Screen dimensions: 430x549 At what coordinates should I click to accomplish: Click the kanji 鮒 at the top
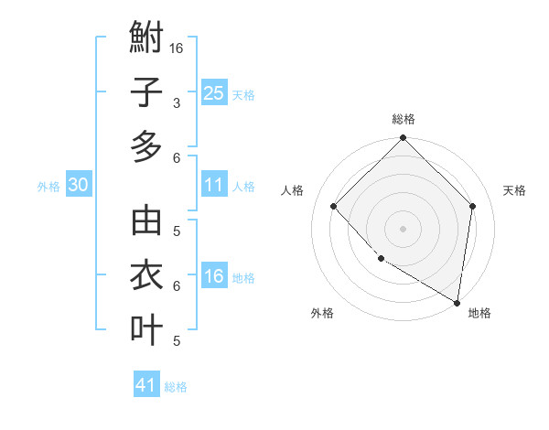click(146, 39)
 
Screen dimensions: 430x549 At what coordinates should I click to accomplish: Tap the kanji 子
click(146, 92)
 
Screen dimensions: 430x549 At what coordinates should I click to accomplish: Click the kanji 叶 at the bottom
click(146, 328)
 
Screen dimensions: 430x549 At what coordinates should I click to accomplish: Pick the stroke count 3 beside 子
click(176, 102)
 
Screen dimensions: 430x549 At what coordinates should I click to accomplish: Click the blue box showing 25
click(213, 93)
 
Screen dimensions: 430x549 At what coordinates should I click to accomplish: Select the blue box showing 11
click(213, 185)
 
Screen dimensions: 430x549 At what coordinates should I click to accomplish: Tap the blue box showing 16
click(213, 276)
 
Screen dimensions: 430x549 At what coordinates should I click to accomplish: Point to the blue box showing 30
click(79, 185)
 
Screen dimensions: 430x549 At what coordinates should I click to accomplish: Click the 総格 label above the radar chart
click(403, 119)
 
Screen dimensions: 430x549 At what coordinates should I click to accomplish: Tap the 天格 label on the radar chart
click(514, 190)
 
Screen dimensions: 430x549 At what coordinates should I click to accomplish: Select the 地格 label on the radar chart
click(479, 313)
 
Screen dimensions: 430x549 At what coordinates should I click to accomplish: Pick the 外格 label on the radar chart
click(322, 313)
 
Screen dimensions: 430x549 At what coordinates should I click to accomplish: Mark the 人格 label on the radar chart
click(292, 190)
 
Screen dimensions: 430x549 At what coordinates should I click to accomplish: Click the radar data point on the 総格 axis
click(403, 139)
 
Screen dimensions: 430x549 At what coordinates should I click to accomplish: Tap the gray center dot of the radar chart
click(403, 228)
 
